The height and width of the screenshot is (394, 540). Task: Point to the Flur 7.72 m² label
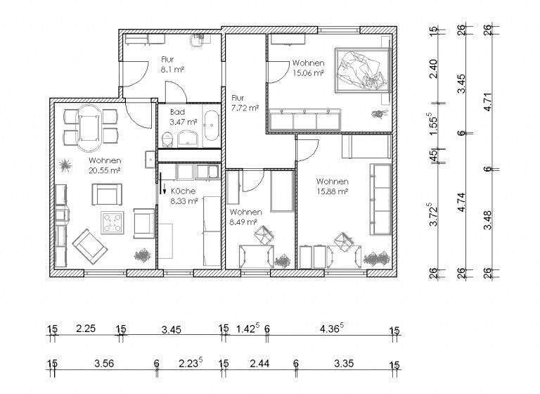click(245, 103)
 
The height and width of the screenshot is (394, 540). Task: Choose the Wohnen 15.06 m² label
click(308, 67)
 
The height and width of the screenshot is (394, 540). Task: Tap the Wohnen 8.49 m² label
click(245, 217)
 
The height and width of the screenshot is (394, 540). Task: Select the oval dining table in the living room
click(88, 127)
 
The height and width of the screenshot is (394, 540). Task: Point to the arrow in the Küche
click(163, 189)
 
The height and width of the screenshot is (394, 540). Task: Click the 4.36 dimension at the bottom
click(331, 328)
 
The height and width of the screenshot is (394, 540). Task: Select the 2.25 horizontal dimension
click(85, 328)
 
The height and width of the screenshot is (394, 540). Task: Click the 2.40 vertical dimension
click(434, 68)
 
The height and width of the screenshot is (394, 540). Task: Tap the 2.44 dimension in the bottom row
click(259, 364)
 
